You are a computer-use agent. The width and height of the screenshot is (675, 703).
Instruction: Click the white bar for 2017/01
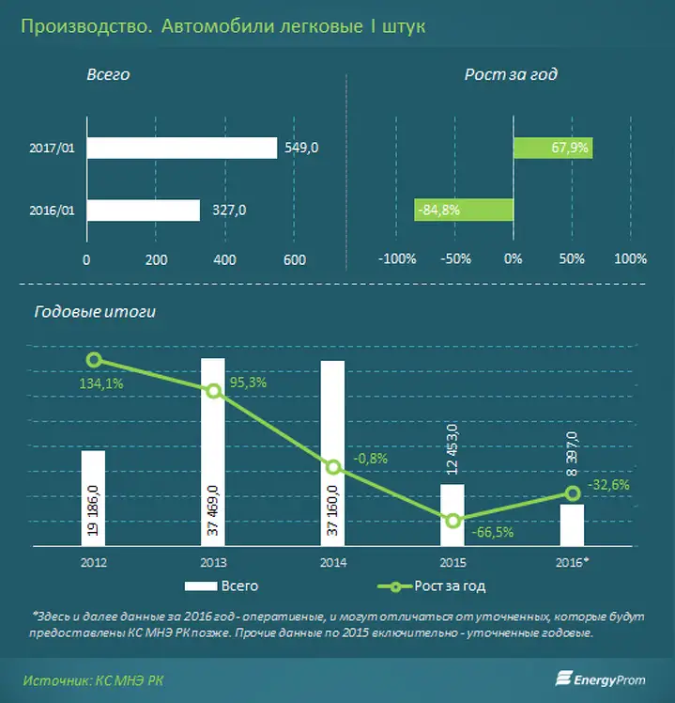(x=182, y=148)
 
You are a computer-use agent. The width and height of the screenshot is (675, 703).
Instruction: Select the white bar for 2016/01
(x=144, y=211)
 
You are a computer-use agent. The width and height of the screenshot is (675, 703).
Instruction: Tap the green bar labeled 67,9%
(x=553, y=148)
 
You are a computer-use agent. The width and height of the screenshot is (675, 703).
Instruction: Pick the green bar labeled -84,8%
(x=464, y=210)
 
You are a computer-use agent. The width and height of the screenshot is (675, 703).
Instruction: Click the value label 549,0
(x=301, y=148)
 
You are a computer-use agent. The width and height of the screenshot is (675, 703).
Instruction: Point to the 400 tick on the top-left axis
(x=225, y=259)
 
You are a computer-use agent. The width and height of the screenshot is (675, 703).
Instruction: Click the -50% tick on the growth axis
(x=455, y=258)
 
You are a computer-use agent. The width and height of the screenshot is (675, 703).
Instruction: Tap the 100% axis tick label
(x=630, y=258)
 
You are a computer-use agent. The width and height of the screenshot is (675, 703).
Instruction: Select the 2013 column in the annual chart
(x=213, y=452)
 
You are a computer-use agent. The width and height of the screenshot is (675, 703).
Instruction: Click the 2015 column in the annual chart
(x=453, y=515)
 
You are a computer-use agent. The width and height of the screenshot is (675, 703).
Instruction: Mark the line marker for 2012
(x=94, y=360)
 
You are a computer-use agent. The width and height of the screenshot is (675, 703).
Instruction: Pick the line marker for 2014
(x=332, y=467)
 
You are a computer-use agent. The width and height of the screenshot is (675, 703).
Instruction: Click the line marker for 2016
(x=573, y=493)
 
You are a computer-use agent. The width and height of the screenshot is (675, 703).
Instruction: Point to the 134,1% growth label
(x=101, y=383)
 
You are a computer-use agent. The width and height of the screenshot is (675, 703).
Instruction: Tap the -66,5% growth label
(x=493, y=532)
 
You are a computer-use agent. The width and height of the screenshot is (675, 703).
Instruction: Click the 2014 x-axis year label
(x=333, y=562)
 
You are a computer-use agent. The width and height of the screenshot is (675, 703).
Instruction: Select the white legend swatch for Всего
(x=201, y=586)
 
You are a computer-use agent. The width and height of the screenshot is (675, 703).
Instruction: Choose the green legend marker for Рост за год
(x=394, y=586)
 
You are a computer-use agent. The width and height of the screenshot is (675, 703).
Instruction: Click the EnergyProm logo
(x=601, y=680)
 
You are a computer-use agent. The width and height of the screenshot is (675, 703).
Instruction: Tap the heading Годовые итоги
(x=95, y=312)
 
